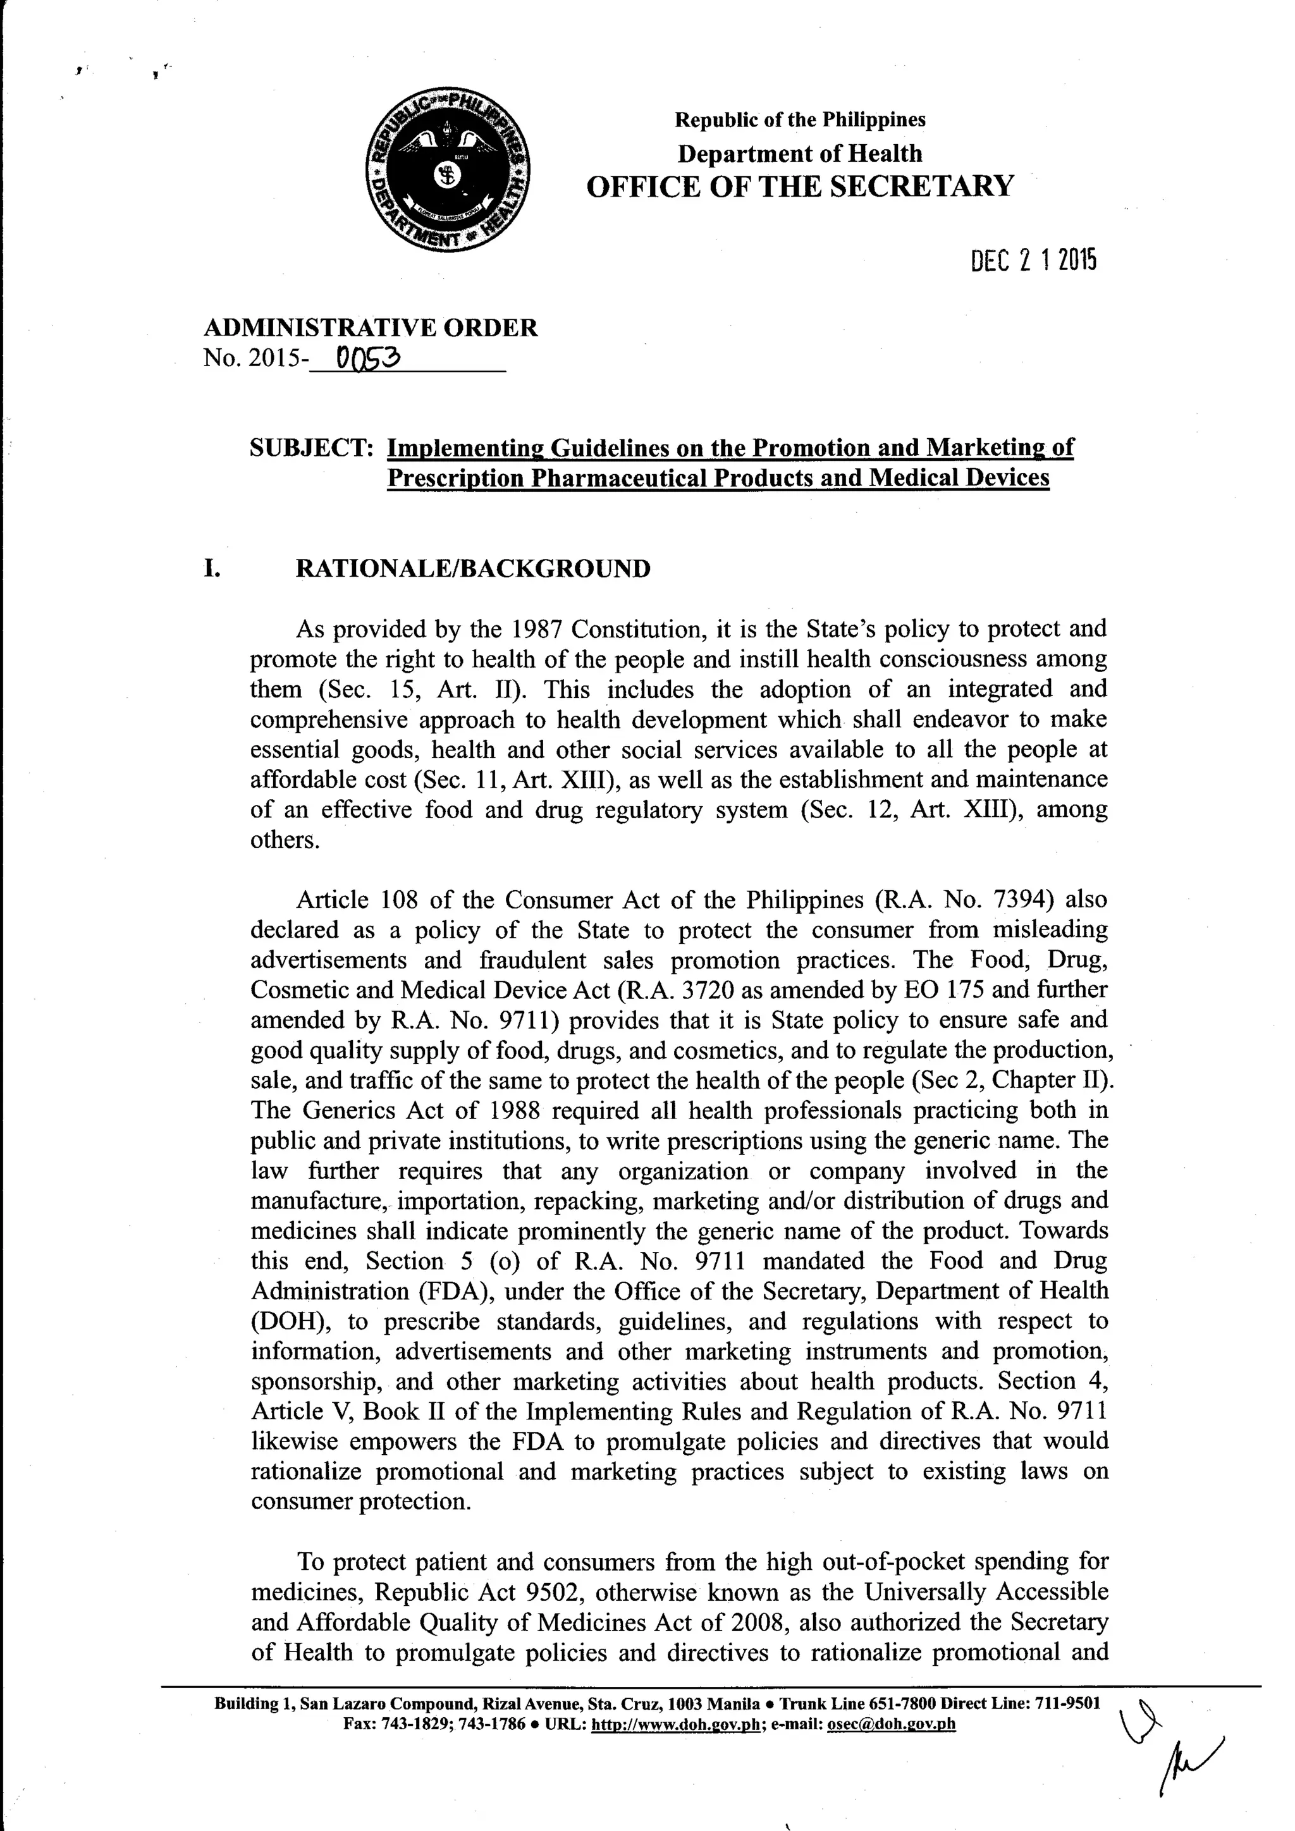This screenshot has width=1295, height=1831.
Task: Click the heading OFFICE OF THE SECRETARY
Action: (x=800, y=187)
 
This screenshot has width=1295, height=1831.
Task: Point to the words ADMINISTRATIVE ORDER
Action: (x=371, y=328)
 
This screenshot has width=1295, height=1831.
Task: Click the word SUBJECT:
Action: (x=312, y=448)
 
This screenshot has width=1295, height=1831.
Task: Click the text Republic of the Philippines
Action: (x=800, y=119)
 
